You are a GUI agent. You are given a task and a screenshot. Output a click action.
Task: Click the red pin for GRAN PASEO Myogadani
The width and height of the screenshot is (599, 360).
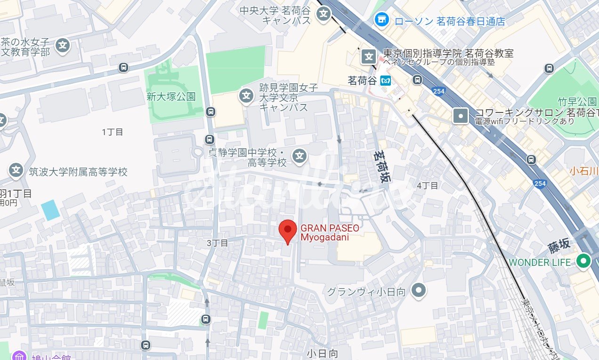click(x=288, y=230)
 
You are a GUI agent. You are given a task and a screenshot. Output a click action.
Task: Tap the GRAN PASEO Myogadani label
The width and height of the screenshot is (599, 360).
click(x=330, y=232)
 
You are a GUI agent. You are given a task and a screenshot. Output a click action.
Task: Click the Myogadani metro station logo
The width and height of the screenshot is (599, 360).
click(x=386, y=81)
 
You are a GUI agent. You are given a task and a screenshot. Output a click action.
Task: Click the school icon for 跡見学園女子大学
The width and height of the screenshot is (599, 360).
click(x=246, y=96)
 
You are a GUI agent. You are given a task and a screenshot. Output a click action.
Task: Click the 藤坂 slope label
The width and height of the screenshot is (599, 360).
click(x=559, y=245)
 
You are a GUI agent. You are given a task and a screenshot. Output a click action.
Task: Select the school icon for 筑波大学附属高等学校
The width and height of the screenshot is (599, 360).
click(x=16, y=170)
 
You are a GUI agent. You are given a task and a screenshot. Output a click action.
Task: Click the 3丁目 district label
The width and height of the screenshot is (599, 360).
click(x=217, y=243)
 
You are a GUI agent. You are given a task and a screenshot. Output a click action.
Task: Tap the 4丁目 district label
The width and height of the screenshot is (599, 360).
click(x=427, y=185)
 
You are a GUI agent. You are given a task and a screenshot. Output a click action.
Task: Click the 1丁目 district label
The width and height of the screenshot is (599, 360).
click(x=113, y=132)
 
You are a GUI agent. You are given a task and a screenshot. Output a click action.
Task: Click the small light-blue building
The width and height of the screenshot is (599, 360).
click(x=50, y=210)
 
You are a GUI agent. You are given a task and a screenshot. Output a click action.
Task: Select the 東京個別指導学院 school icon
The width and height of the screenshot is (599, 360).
click(x=368, y=57)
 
